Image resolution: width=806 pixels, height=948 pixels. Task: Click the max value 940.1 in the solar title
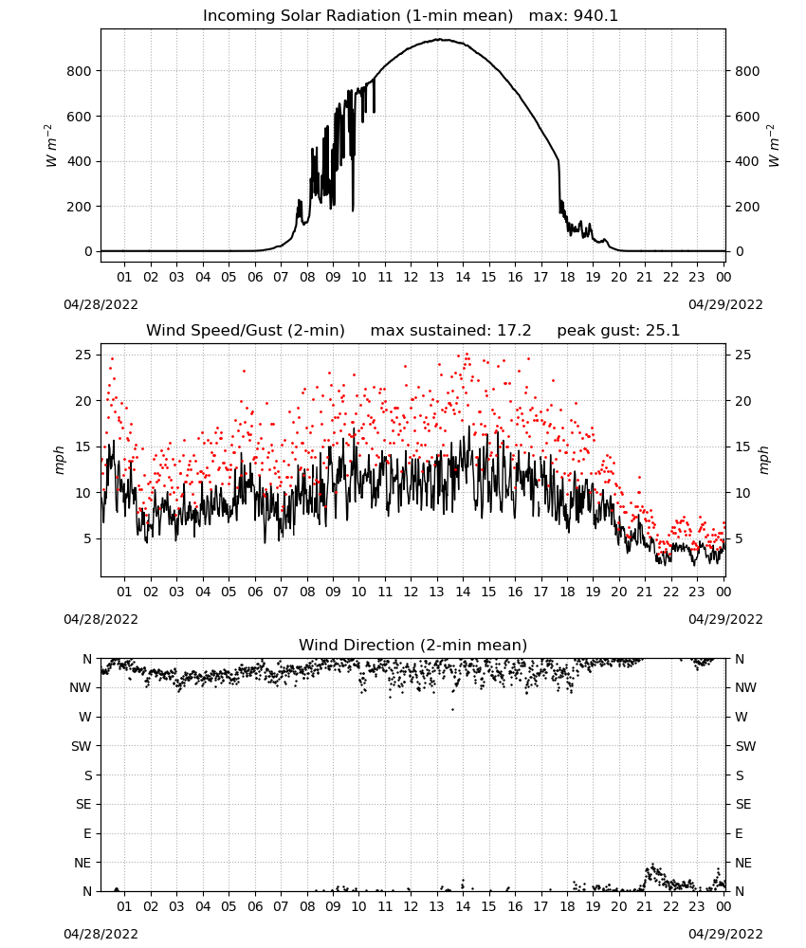tap(595, 16)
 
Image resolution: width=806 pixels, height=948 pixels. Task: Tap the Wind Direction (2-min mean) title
tap(413, 645)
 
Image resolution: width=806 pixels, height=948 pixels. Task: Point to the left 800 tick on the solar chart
tap(79, 71)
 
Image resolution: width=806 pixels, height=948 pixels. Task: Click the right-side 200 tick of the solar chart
tap(747, 206)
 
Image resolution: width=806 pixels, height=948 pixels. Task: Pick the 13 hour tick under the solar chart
tap(436, 277)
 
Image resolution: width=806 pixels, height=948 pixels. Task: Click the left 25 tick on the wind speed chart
tap(83, 355)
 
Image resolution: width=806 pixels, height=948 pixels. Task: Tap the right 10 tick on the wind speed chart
tap(742, 493)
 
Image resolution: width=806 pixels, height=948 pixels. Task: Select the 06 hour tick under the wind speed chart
tap(255, 592)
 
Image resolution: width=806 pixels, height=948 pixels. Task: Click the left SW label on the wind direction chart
tap(81, 746)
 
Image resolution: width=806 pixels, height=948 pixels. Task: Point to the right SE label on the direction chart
tap(743, 804)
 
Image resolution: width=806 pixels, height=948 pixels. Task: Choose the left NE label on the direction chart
tap(82, 863)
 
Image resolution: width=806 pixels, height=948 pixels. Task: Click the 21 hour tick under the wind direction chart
tap(645, 906)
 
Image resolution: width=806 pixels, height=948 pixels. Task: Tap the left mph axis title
tap(59, 460)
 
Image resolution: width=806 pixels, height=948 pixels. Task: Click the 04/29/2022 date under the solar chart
tap(725, 304)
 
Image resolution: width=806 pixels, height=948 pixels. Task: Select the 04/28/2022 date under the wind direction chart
tap(101, 934)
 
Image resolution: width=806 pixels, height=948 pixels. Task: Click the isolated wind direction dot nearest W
tap(453, 709)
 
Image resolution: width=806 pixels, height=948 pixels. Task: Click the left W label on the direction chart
tap(85, 717)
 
